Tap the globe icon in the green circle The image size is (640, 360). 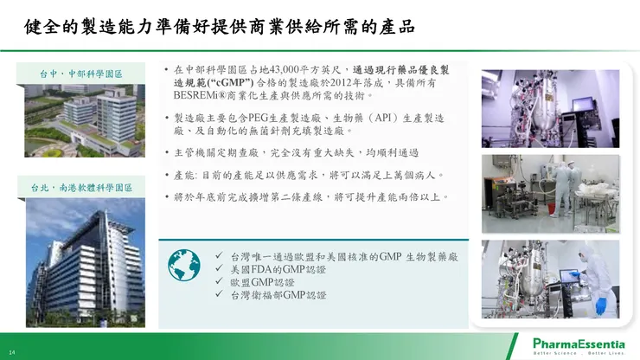[x=182, y=265]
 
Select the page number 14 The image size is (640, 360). [x=12, y=352]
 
